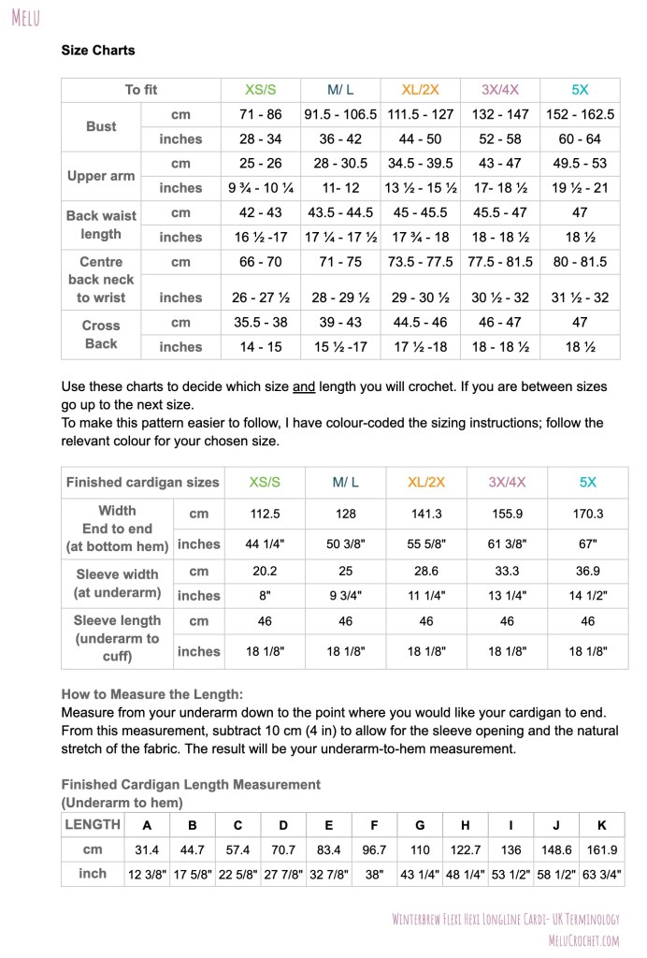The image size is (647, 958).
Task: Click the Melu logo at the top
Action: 26,18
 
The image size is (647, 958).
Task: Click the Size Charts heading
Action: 98,51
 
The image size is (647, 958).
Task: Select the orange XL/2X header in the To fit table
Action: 420,90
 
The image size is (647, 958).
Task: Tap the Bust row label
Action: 101,126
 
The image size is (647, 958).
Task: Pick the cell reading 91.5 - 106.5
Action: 340,114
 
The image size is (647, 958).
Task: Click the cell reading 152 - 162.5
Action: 580,114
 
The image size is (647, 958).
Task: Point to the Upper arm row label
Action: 101,176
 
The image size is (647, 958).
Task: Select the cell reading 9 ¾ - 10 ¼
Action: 260,188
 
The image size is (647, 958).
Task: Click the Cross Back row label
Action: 101,335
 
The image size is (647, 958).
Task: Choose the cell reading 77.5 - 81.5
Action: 500,262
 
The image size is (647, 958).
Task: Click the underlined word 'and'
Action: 303,386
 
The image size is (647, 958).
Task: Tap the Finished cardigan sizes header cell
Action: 142,483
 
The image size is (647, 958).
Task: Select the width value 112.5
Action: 265,514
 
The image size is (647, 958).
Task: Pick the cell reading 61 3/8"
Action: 507,544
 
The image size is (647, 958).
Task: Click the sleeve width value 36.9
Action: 587,571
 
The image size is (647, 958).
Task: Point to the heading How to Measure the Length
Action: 151,694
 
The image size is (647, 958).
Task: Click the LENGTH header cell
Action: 93,824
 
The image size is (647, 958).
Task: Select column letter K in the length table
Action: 601,825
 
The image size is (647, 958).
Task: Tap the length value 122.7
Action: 466,849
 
